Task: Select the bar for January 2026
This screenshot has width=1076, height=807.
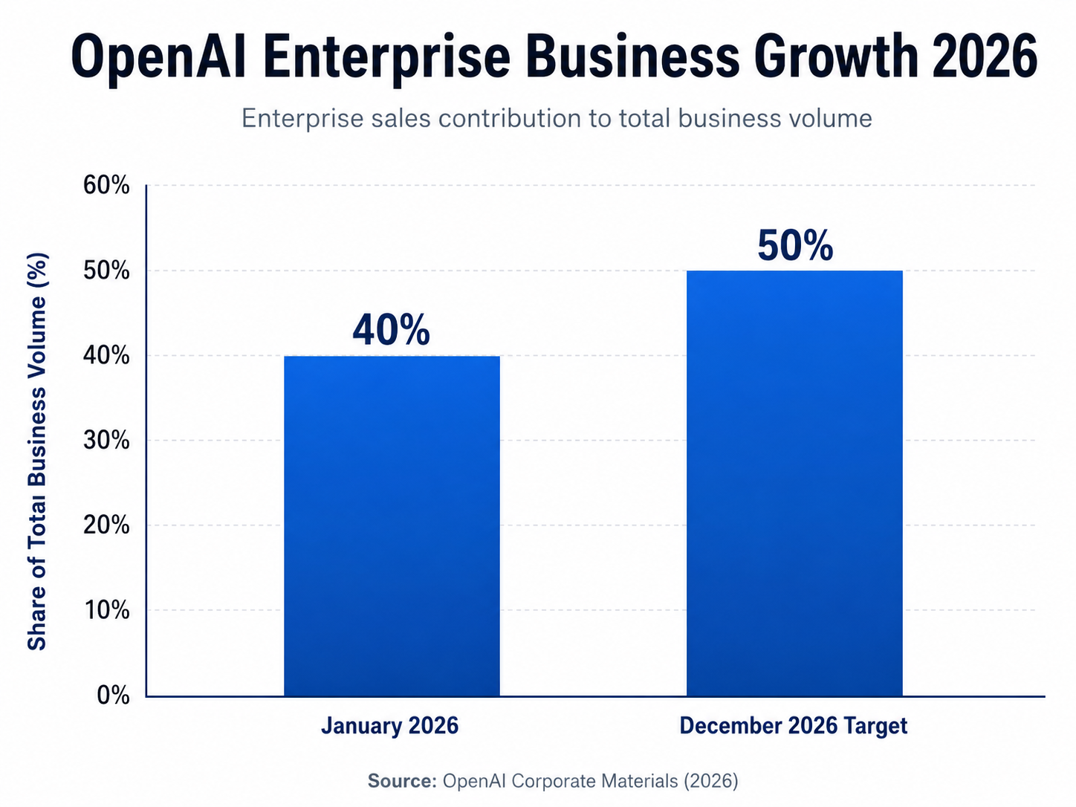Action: point(392,526)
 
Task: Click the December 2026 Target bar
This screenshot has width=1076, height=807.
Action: point(794,483)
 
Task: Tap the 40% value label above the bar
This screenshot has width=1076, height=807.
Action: point(391,330)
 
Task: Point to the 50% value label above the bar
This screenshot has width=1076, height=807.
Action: point(795,245)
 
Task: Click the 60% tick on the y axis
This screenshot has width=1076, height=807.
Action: point(106,185)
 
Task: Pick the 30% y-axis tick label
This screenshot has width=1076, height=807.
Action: point(106,441)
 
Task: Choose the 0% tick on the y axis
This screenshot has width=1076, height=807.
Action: point(113,696)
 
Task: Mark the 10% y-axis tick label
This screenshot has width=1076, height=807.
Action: point(106,610)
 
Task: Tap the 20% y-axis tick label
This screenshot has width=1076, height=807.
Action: point(106,525)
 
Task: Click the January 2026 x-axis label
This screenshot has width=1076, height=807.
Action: point(389,725)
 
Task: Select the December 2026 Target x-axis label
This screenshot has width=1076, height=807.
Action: point(793,725)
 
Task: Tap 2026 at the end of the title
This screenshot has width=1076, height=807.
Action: point(984,57)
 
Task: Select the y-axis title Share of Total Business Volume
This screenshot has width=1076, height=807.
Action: point(37,452)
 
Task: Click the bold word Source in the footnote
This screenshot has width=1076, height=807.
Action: point(401,781)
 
